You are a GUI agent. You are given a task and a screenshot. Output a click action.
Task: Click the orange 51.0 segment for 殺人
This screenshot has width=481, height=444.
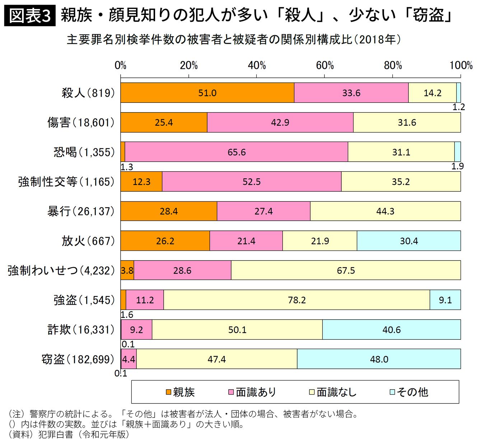click(207, 93)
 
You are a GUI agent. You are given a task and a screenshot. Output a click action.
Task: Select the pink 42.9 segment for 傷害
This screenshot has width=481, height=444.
click(280, 123)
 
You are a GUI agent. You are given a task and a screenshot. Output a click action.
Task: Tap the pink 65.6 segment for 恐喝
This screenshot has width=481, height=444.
click(237, 152)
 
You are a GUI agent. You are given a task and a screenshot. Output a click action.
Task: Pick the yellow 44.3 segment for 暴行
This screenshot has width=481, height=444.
click(385, 211)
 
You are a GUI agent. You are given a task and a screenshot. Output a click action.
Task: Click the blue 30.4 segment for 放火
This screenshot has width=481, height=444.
click(409, 241)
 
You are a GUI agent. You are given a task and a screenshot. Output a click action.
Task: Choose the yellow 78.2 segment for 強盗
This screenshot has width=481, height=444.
click(296, 300)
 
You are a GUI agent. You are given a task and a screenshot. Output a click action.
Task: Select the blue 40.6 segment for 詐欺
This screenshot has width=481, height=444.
click(391, 330)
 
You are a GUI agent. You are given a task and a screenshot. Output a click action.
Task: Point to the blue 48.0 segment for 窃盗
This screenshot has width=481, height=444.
click(379, 359)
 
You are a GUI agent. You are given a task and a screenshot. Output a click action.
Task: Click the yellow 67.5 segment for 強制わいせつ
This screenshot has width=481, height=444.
click(346, 270)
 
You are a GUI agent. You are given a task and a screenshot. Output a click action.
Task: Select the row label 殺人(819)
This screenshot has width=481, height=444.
click(88, 93)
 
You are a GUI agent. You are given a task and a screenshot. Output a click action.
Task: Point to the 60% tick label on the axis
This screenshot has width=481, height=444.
click(324, 66)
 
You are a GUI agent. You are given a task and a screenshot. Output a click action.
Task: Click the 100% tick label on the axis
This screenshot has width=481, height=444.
click(461, 66)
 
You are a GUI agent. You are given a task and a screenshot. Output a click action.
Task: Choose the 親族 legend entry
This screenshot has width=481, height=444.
click(180, 392)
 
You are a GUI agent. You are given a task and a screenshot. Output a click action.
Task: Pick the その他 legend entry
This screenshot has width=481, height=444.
click(409, 392)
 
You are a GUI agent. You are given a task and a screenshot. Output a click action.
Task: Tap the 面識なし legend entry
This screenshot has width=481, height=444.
click(333, 392)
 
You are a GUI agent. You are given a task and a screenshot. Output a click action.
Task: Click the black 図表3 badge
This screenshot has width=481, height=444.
click(30, 16)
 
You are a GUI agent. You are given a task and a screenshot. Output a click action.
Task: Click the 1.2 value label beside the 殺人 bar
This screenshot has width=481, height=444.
click(458, 107)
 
